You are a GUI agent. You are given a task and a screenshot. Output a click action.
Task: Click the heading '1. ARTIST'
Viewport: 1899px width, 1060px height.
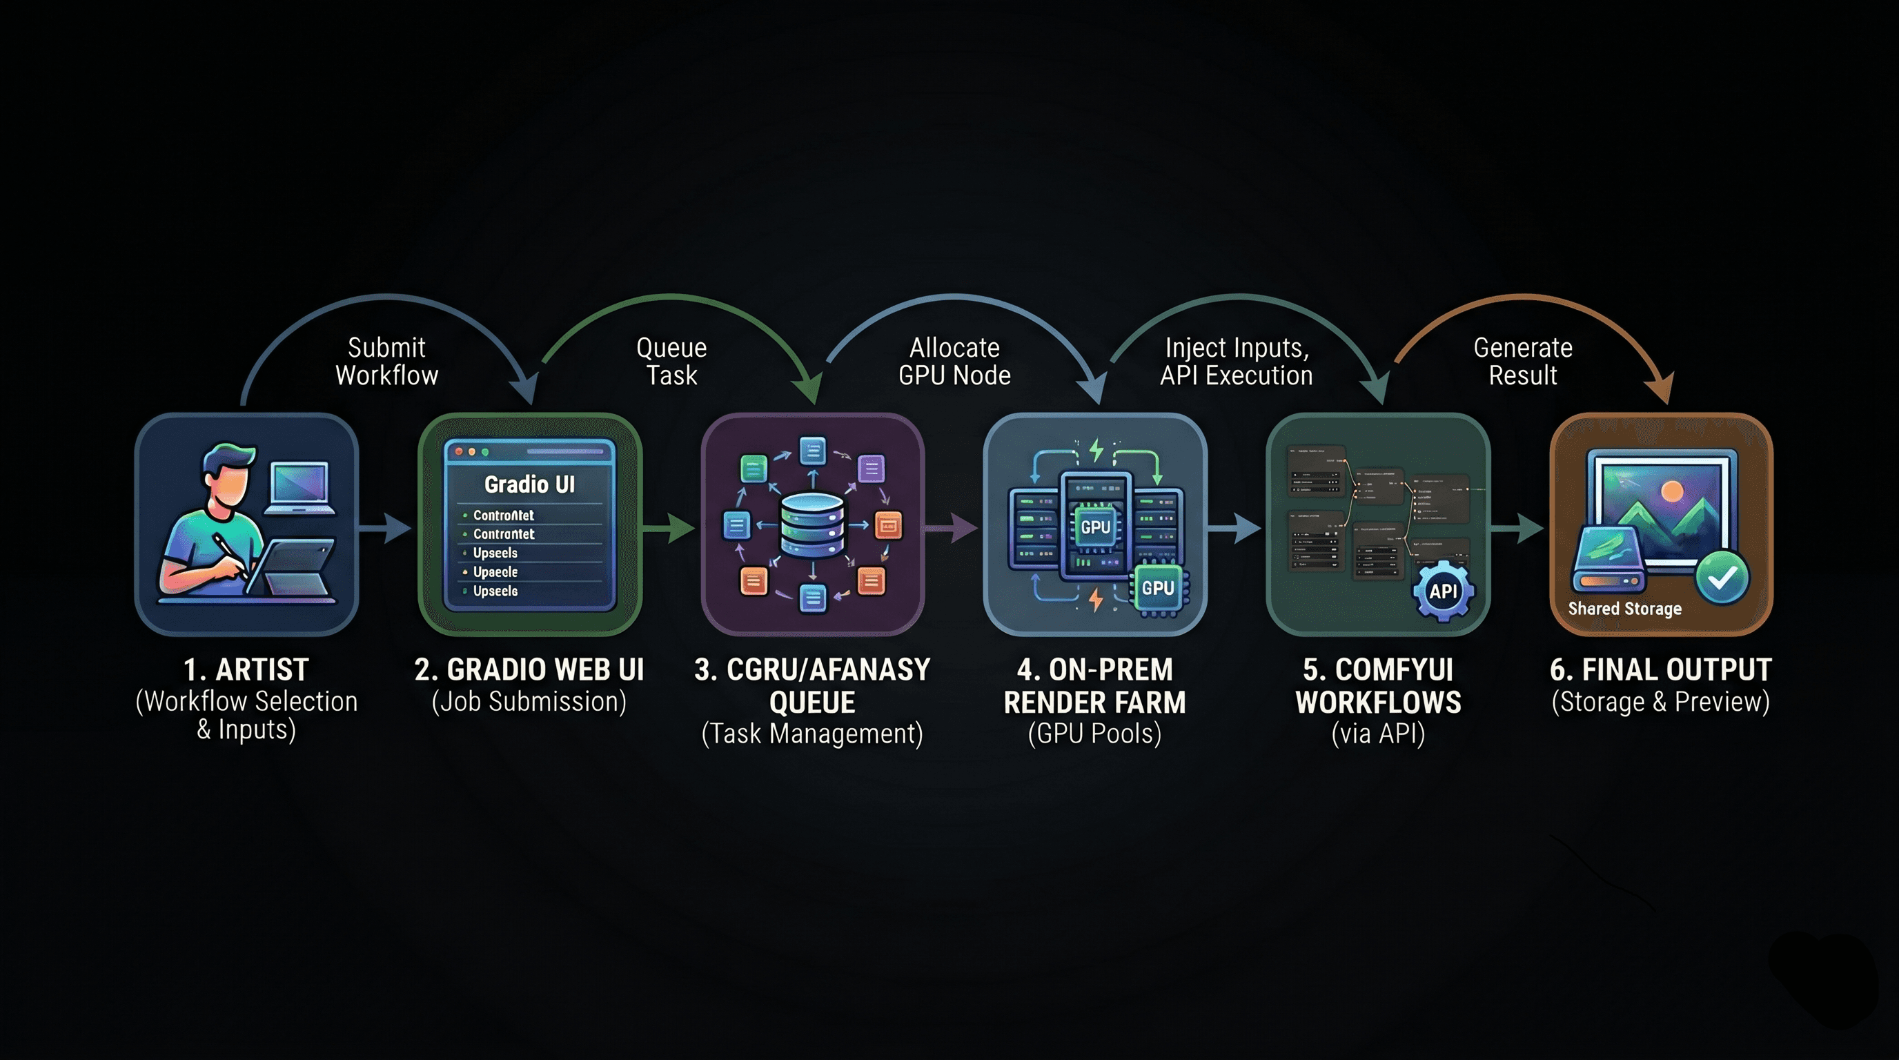click(x=246, y=669)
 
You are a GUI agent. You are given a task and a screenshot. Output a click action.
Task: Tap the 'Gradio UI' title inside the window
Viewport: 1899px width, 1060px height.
click(x=529, y=484)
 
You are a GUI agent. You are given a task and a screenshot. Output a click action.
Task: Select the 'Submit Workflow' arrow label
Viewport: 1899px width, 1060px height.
click(x=386, y=361)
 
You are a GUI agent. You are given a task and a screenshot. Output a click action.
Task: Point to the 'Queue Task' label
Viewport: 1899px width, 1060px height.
click(x=671, y=361)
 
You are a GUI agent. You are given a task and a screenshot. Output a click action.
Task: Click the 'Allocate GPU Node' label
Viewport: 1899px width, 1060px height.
click(x=954, y=361)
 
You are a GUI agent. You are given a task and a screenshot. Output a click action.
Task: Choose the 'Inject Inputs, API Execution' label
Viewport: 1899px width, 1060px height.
click(x=1237, y=361)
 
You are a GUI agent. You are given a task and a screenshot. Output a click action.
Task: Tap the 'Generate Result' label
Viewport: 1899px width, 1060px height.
click(x=1523, y=361)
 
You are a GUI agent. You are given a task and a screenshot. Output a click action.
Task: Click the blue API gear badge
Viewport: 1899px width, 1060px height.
click(x=1443, y=591)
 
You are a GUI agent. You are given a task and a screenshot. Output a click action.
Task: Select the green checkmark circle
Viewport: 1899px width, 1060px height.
click(x=1722, y=578)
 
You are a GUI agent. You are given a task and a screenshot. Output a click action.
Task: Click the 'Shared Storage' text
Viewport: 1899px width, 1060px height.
click(x=1625, y=609)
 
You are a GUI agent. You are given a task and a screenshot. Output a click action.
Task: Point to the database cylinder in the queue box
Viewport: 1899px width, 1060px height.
click(x=811, y=525)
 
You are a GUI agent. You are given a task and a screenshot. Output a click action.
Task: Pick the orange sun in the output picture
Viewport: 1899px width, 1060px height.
click(x=1672, y=491)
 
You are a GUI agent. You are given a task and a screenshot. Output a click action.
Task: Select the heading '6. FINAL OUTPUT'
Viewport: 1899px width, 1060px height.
click(x=1660, y=669)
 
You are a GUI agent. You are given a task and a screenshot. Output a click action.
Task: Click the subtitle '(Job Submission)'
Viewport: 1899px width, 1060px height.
click(x=529, y=702)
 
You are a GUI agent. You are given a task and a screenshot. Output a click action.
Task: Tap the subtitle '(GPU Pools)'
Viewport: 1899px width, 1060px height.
click(x=1094, y=734)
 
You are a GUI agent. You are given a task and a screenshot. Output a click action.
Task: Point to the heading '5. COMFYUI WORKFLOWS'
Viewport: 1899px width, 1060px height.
click(x=1378, y=685)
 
